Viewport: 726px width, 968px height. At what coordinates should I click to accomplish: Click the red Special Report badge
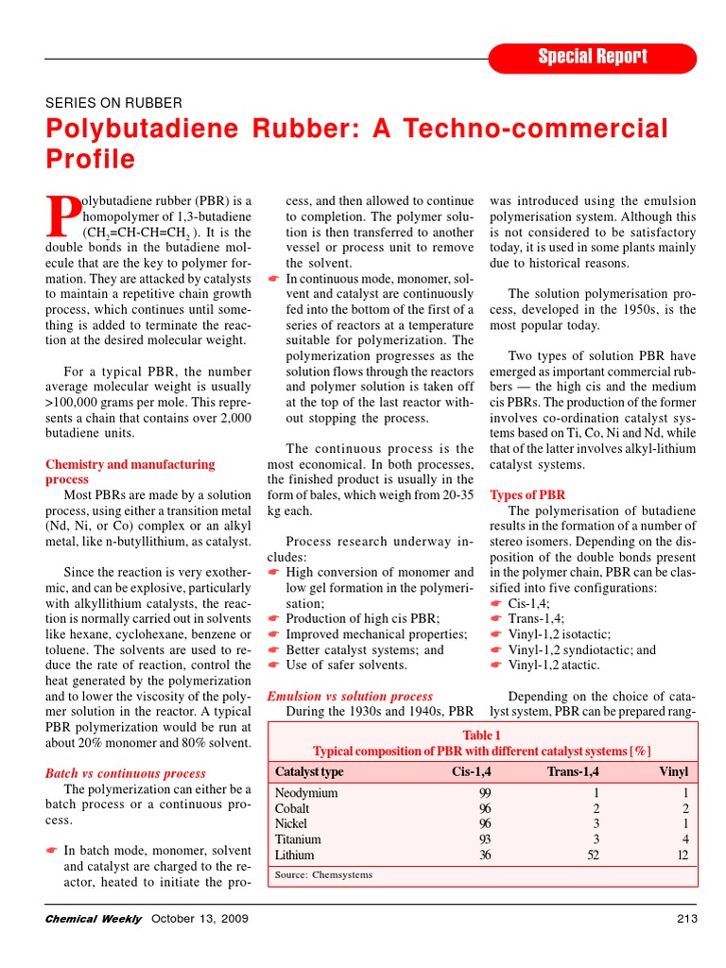[593, 57]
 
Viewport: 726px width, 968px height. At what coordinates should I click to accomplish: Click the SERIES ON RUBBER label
[114, 102]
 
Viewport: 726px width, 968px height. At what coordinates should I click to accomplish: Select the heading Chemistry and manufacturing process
[130, 472]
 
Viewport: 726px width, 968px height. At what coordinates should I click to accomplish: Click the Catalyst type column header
[309, 771]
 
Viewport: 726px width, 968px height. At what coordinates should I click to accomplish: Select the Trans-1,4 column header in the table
[573, 771]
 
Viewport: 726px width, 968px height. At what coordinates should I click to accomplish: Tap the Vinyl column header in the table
[673, 771]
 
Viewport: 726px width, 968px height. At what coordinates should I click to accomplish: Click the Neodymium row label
[306, 793]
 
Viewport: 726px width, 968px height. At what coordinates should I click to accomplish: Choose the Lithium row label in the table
[294, 855]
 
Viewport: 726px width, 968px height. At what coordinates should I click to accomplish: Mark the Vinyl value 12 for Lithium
[682, 855]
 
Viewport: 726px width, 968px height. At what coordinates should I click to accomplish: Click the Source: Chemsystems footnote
[323, 875]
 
